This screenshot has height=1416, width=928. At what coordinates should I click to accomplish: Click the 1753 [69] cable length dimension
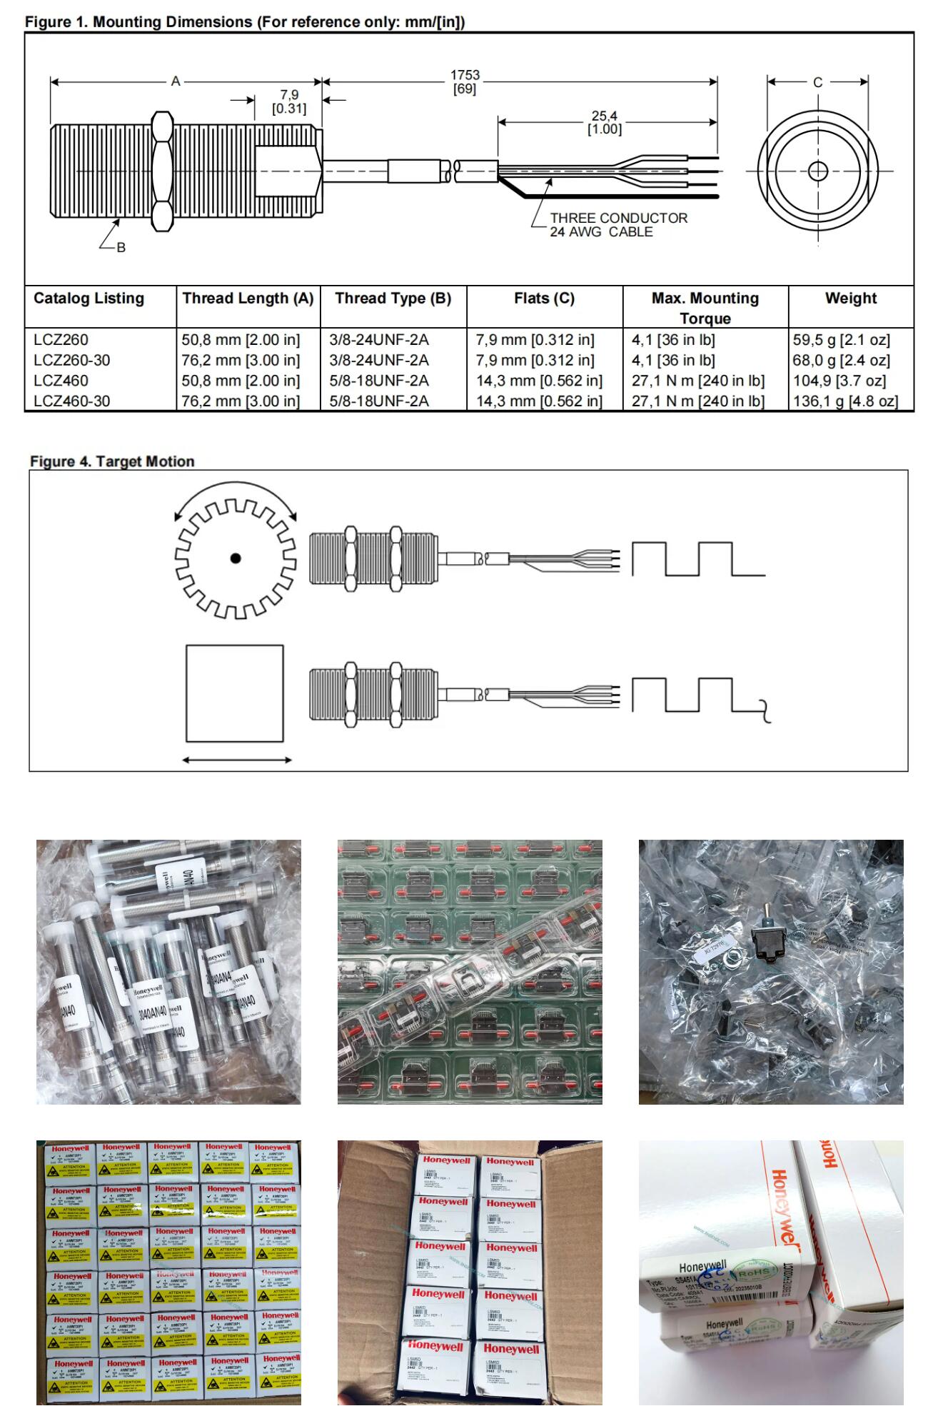[465, 81]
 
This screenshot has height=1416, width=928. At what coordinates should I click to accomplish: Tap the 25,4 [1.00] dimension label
[604, 122]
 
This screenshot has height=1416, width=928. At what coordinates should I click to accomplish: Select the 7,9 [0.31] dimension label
[288, 101]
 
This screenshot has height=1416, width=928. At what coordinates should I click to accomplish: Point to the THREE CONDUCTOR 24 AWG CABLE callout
[618, 224]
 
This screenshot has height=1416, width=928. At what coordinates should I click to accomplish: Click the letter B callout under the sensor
[121, 247]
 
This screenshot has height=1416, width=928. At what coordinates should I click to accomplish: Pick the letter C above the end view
[818, 82]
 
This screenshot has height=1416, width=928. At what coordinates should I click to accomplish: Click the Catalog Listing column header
[89, 298]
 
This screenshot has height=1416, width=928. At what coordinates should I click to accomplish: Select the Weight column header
[851, 298]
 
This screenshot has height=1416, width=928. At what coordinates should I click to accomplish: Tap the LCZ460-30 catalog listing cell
[72, 401]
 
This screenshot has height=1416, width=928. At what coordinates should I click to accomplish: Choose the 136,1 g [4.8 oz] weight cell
[845, 401]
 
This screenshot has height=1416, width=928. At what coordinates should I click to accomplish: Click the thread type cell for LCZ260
[379, 340]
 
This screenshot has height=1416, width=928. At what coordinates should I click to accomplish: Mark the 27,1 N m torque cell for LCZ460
[697, 381]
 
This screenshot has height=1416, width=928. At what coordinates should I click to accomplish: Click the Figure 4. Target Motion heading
[112, 461]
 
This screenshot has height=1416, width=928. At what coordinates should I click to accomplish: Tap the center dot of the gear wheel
[236, 558]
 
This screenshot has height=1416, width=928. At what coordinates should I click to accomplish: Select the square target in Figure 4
[235, 693]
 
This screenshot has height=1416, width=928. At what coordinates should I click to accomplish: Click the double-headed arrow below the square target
[237, 760]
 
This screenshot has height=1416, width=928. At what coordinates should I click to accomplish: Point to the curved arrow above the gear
[236, 494]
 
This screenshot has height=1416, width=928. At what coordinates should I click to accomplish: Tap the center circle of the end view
[818, 171]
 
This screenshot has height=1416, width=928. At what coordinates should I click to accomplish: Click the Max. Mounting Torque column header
[705, 308]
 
